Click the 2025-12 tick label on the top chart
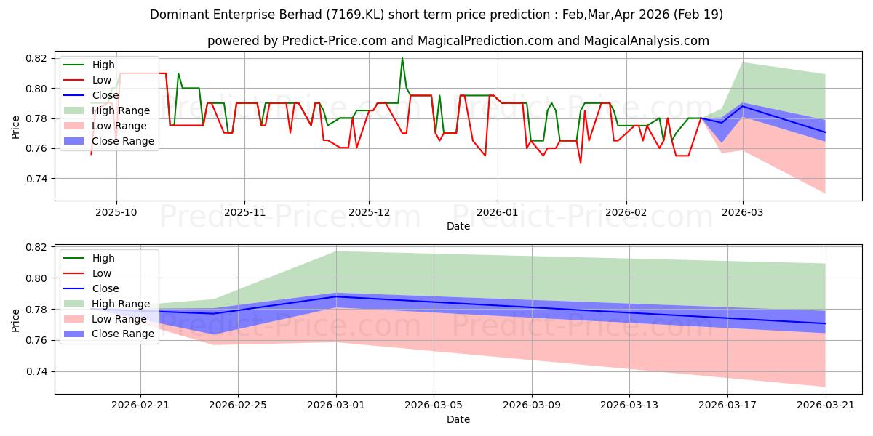(369, 212)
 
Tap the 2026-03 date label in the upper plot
(743, 212)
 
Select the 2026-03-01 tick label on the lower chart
(336, 405)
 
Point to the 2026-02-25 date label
(238, 405)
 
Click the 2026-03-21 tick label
(826, 405)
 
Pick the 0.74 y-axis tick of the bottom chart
(36, 372)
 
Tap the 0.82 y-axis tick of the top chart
(36, 58)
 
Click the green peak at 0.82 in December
(402, 58)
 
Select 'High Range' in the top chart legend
(121, 110)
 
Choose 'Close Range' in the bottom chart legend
(123, 334)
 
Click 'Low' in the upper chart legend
(102, 80)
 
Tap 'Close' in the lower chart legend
(105, 288)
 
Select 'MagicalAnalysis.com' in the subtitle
(646, 41)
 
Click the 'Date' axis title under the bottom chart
(458, 419)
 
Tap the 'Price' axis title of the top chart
(15, 127)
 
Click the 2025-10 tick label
(116, 212)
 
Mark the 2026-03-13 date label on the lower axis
(629, 405)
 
